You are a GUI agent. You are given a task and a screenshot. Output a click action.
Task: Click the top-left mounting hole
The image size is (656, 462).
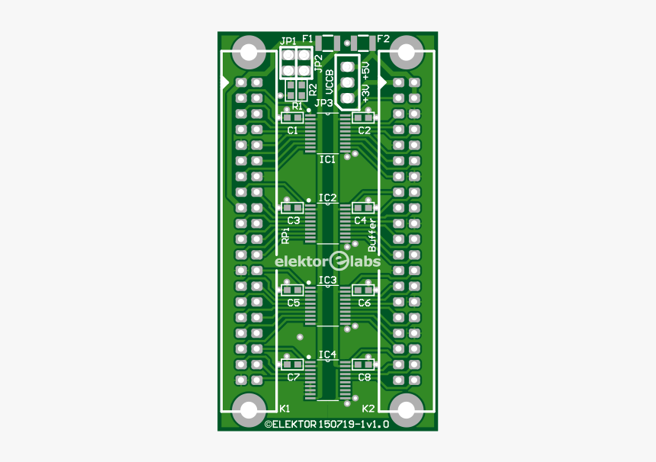(x=249, y=53)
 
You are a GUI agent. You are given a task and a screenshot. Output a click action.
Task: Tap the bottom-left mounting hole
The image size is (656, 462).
(x=249, y=411)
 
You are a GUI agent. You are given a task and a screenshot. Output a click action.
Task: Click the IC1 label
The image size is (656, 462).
(x=327, y=159)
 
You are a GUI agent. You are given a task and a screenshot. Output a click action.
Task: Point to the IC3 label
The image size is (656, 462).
(x=327, y=281)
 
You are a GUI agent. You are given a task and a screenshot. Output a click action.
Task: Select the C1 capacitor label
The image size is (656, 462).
(x=293, y=130)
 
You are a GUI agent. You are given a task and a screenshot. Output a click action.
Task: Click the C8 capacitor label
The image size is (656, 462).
(x=365, y=377)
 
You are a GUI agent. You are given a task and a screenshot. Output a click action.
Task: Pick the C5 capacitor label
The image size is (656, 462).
(x=293, y=303)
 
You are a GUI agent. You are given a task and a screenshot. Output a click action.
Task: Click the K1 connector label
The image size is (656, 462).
(x=285, y=408)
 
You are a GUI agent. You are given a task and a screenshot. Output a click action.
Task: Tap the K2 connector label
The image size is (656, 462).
(x=368, y=408)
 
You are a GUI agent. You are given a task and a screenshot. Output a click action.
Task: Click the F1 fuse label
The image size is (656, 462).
(x=307, y=38)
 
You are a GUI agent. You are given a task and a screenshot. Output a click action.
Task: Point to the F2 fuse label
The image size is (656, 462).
(x=383, y=38)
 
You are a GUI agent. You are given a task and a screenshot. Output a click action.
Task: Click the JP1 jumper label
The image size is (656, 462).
(x=288, y=41)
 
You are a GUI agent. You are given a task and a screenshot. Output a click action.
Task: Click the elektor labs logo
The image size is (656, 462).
(x=328, y=261)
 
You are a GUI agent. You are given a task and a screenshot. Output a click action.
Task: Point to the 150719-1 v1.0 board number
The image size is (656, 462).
(x=353, y=424)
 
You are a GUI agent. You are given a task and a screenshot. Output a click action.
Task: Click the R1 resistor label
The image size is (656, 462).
(x=297, y=106)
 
